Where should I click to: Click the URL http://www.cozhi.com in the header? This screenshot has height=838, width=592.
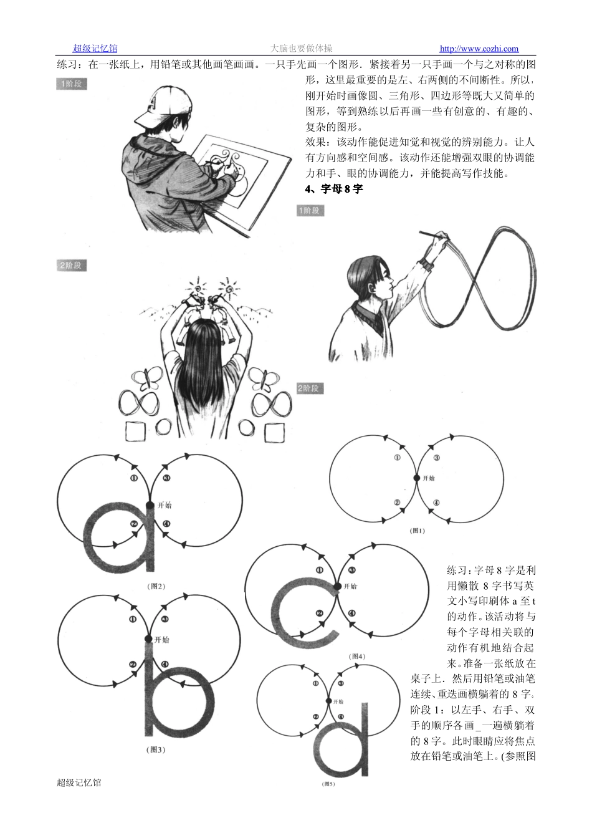pyautogui.click(x=479, y=49)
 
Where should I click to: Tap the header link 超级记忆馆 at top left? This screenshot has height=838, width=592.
pyautogui.click(x=95, y=49)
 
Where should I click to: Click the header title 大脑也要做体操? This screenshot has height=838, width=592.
pyautogui.click(x=302, y=49)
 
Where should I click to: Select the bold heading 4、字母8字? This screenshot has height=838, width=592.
pyautogui.click(x=334, y=189)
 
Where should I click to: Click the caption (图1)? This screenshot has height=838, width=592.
pyautogui.click(x=417, y=531)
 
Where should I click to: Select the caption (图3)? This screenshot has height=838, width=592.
pyautogui.click(x=156, y=749)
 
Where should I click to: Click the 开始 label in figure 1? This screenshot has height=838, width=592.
pyautogui.click(x=429, y=478)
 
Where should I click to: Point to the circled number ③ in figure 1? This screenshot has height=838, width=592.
pyautogui.click(x=436, y=458)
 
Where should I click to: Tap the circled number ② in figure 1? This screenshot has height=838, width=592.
pyautogui.click(x=397, y=503)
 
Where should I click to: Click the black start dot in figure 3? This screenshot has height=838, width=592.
pyautogui.click(x=148, y=639)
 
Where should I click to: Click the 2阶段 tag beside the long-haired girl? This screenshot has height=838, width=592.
pyautogui.click(x=72, y=266)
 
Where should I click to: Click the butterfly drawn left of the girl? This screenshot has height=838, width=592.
pyautogui.click(x=147, y=380)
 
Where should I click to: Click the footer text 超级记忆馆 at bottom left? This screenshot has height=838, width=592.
pyautogui.click(x=79, y=782)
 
